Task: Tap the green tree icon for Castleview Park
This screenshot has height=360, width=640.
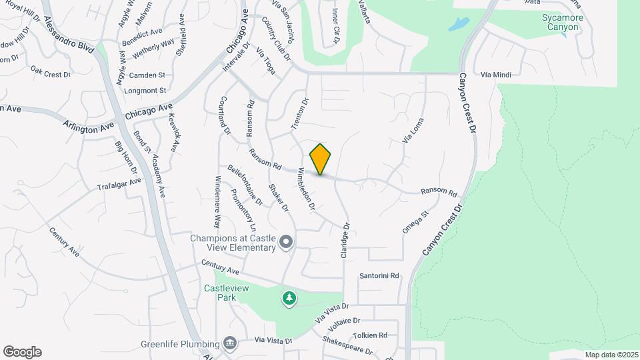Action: click(x=289, y=299)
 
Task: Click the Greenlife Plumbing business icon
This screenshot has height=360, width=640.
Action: click(x=230, y=343)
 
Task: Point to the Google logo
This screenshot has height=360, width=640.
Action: click(x=22, y=352)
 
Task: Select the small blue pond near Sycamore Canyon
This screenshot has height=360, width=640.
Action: click(x=458, y=25)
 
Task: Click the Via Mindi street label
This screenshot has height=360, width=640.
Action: click(x=495, y=75)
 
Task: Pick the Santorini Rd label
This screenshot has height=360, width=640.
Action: click(x=379, y=275)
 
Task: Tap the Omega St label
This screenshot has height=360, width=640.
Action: click(x=414, y=221)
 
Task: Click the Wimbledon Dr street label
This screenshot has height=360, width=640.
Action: click(x=305, y=189)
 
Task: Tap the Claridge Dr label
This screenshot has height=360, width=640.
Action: click(x=345, y=241)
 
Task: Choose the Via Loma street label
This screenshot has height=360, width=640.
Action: click(x=413, y=130)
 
